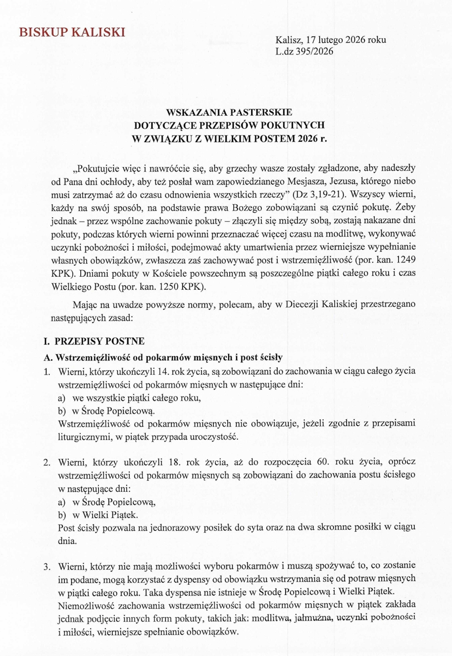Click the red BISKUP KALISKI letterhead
pyautogui.click(x=72, y=33)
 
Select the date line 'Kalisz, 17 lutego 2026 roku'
pyautogui.click(x=331, y=41)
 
